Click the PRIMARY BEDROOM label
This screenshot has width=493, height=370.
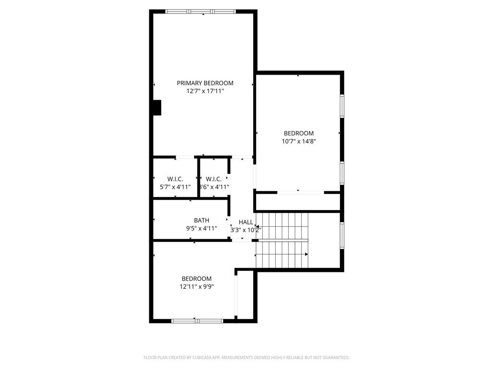(x=205, y=83)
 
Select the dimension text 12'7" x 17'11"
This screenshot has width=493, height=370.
(x=205, y=91)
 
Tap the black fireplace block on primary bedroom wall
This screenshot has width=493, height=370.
(x=156, y=107)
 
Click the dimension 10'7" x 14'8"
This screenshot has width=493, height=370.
(x=298, y=141)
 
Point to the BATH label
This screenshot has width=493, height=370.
(x=201, y=220)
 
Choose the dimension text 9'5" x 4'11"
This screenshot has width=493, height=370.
(x=201, y=228)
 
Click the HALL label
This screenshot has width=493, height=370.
(x=246, y=222)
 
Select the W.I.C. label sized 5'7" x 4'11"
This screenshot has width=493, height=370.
(x=175, y=179)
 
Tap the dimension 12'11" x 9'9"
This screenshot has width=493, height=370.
(x=196, y=287)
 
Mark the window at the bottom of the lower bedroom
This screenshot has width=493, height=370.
(x=197, y=320)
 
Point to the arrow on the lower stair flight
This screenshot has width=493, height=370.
(x=306, y=254)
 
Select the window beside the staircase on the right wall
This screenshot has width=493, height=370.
(x=342, y=235)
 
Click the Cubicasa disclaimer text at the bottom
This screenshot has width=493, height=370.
(x=246, y=357)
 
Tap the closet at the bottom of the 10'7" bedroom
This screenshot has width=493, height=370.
(x=298, y=202)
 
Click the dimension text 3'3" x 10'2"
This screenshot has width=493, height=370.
(x=246, y=230)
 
